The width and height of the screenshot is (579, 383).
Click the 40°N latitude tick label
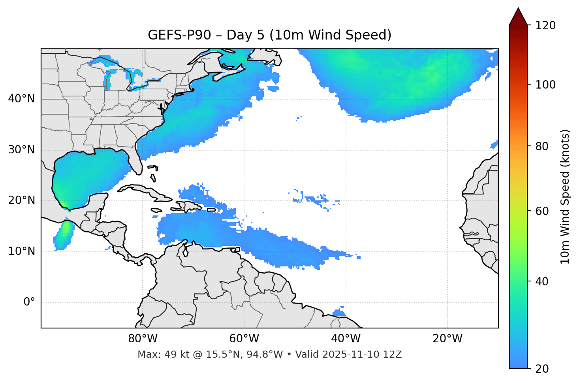(x=21, y=99)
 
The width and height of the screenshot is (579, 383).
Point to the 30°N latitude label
(x=21, y=150)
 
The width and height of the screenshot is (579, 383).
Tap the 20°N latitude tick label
(x=21, y=200)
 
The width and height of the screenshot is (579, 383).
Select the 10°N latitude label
(x=21, y=251)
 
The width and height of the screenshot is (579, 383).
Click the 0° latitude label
(x=29, y=302)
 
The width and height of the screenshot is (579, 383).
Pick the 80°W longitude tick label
(x=143, y=339)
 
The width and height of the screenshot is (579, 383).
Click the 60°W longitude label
(x=244, y=339)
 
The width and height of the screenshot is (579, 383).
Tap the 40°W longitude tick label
(x=346, y=339)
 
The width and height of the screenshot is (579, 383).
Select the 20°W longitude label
(x=447, y=339)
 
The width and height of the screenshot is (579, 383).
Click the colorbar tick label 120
(x=545, y=25)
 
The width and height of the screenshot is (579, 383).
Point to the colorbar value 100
(x=545, y=85)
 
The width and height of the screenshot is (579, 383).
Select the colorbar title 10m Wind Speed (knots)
(x=565, y=196)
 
